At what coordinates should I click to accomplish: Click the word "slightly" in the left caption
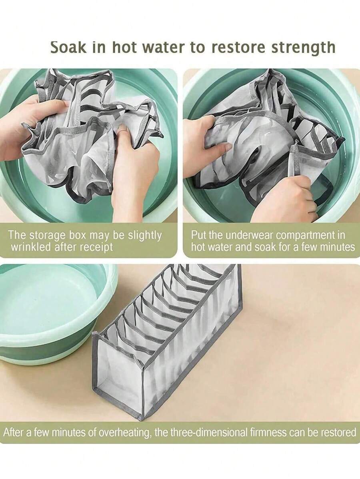point(144,236)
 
